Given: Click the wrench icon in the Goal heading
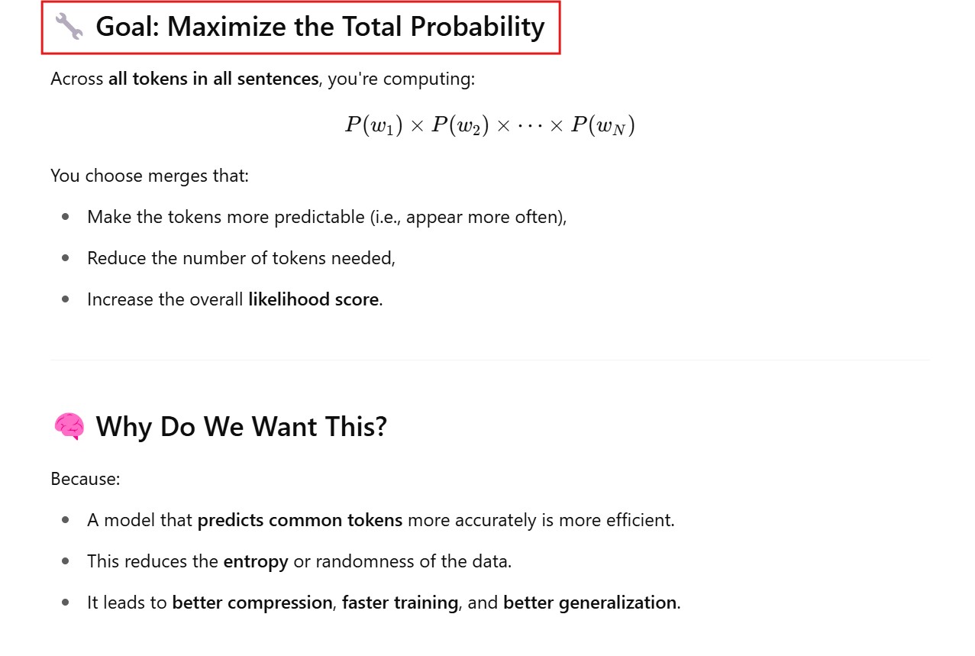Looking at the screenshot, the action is [x=69, y=26].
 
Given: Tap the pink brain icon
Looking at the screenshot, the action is [x=69, y=426].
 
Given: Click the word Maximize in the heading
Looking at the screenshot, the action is [x=228, y=26].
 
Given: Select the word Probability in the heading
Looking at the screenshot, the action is [x=477, y=27].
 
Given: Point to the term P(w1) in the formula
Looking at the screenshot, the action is [x=374, y=125].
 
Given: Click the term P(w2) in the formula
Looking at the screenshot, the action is [x=460, y=125].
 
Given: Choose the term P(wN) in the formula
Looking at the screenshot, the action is [x=603, y=125].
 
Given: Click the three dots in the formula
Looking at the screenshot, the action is [x=530, y=126].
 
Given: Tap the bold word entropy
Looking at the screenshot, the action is [x=256, y=561].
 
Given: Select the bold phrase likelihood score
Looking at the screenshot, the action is [x=315, y=299].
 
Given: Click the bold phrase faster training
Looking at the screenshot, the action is [x=399, y=603].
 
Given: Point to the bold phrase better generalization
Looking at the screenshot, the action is [x=589, y=603].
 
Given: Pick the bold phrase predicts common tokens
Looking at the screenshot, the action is [x=300, y=520].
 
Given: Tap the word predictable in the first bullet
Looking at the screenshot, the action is [x=319, y=217].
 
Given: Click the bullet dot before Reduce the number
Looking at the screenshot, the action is [x=66, y=258].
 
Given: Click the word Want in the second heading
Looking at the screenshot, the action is [x=284, y=426].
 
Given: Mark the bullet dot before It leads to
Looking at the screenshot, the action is [x=66, y=603].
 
